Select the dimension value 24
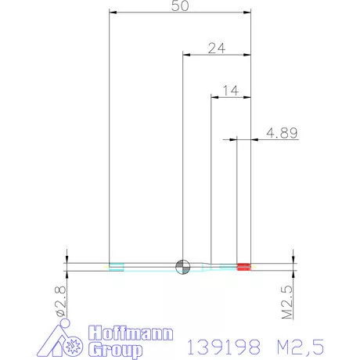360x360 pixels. coord(217,48)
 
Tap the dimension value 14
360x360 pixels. coord(230,91)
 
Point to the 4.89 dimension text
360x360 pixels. coord(281,133)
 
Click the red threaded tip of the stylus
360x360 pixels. coord(243,266)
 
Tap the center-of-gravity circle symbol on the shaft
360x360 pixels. coord(182,266)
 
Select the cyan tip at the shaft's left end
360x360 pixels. coord(116,266)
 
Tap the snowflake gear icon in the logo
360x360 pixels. coord(76,345)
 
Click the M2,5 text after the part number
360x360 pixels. coord(297,344)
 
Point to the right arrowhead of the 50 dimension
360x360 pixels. coord(248,13)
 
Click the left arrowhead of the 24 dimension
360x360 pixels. coord(186,54)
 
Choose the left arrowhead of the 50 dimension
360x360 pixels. coord(113,13)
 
